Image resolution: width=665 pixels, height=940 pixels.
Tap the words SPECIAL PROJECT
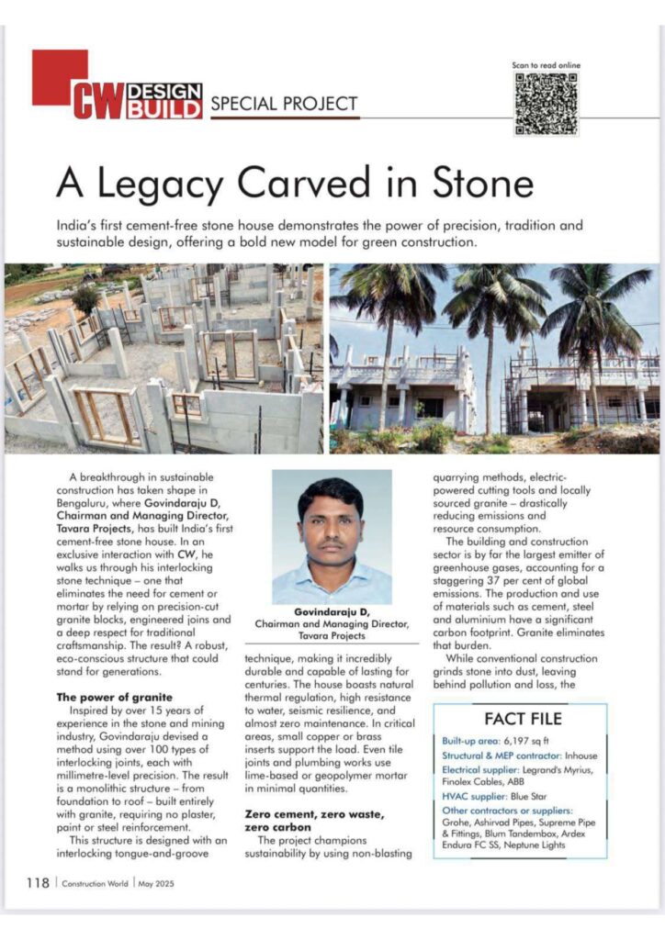click(x=284, y=104)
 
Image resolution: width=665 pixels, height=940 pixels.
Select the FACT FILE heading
click(x=523, y=718)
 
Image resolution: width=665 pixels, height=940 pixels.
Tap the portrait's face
click(x=331, y=524)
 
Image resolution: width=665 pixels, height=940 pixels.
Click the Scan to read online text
click(x=546, y=65)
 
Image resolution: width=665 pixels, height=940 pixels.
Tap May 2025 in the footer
click(x=154, y=884)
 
